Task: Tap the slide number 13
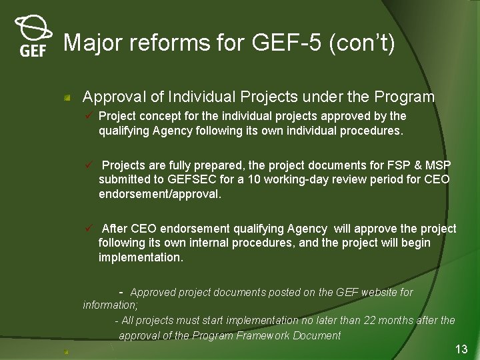tap(461, 349)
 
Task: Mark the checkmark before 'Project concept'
tap(88, 116)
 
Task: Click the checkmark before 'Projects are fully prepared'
tap(88, 165)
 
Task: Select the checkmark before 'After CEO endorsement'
tap(88, 229)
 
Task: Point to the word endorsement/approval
tap(159, 195)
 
